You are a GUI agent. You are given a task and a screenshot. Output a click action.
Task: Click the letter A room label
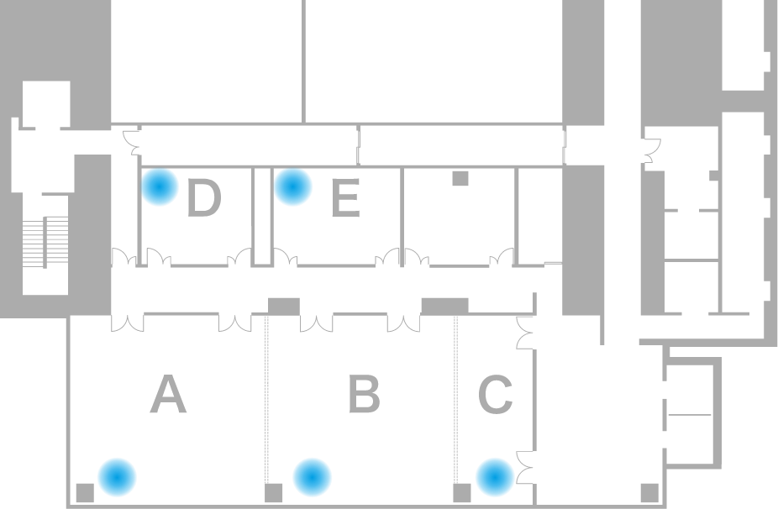pyautogui.click(x=168, y=394)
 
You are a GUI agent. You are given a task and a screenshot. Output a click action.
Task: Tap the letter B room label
pyautogui.click(x=364, y=394)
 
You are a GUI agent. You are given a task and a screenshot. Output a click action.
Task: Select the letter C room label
pyautogui.click(x=495, y=395)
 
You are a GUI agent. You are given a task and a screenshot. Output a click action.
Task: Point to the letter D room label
pyautogui.click(x=204, y=198)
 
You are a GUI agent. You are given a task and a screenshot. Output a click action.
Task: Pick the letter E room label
pyautogui.click(x=345, y=198)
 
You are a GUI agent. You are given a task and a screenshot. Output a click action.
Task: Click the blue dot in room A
pyautogui.click(x=117, y=477)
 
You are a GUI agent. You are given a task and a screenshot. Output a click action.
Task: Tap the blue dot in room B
pyautogui.click(x=312, y=477)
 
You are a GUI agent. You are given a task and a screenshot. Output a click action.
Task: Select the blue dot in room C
pyautogui.click(x=495, y=477)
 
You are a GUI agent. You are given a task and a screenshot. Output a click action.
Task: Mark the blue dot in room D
pyautogui.click(x=160, y=187)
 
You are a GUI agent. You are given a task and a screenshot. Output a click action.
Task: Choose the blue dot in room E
pyautogui.click(x=292, y=187)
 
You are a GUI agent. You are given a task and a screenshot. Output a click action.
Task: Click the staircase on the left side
pyautogui.click(x=45, y=242)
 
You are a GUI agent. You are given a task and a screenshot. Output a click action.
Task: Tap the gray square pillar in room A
pyautogui.click(x=85, y=493)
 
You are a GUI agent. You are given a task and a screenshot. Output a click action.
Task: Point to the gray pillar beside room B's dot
pyautogui.click(x=273, y=493)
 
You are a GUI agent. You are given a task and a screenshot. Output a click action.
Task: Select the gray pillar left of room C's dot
pyautogui.click(x=462, y=493)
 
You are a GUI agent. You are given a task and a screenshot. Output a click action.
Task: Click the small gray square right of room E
pyautogui.click(x=460, y=179)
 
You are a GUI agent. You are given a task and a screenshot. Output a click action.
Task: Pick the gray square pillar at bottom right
pyautogui.click(x=650, y=493)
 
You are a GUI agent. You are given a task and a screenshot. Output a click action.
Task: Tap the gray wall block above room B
pyautogui.click(x=284, y=306)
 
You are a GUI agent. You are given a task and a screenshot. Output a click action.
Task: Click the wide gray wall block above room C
pyautogui.click(x=444, y=306)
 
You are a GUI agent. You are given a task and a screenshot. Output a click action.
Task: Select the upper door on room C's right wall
pyautogui.click(x=524, y=333)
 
